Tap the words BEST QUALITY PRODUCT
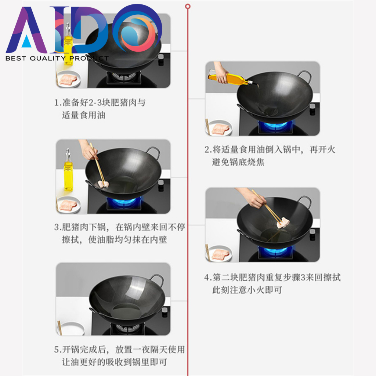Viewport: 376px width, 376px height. [x=57, y=58]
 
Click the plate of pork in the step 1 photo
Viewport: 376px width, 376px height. [x=69, y=79]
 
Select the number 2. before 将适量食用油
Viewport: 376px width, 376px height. [x=208, y=150]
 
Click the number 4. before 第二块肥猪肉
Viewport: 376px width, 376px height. [x=207, y=277]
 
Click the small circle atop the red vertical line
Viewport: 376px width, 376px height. [x=188, y=6]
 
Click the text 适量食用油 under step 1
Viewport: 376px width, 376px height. [x=84, y=115]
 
